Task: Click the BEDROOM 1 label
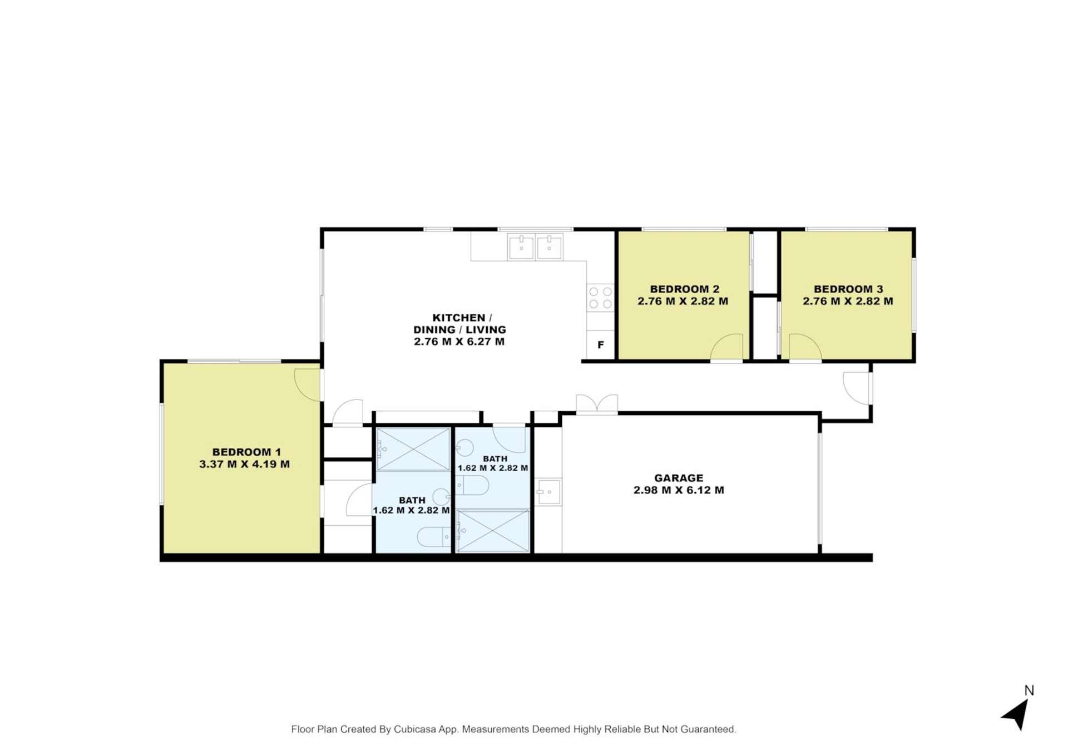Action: pyautogui.click(x=246, y=452)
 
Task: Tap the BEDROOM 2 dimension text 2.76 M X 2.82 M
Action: pyautogui.click(x=683, y=302)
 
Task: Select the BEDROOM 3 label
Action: pyautogui.click(x=848, y=289)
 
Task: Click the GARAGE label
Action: pyautogui.click(x=678, y=478)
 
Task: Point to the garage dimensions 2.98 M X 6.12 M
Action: pyautogui.click(x=678, y=490)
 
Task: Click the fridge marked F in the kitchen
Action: pyautogui.click(x=600, y=345)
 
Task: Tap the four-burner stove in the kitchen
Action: pyautogui.click(x=600, y=298)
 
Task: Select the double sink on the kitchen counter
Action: pyautogui.click(x=535, y=246)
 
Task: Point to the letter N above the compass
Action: pyautogui.click(x=1029, y=690)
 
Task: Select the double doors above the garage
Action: pyautogui.click(x=597, y=403)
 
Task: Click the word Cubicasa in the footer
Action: pyautogui.click(x=415, y=729)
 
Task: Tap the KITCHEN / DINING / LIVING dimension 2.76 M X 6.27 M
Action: pyautogui.click(x=459, y=342)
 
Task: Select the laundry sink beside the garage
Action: pyautogui.click(x=548, y=492)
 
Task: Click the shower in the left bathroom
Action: pyautogui.click(x=413, y=449)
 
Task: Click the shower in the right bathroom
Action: pyautogui.click(x=492, y=531)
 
